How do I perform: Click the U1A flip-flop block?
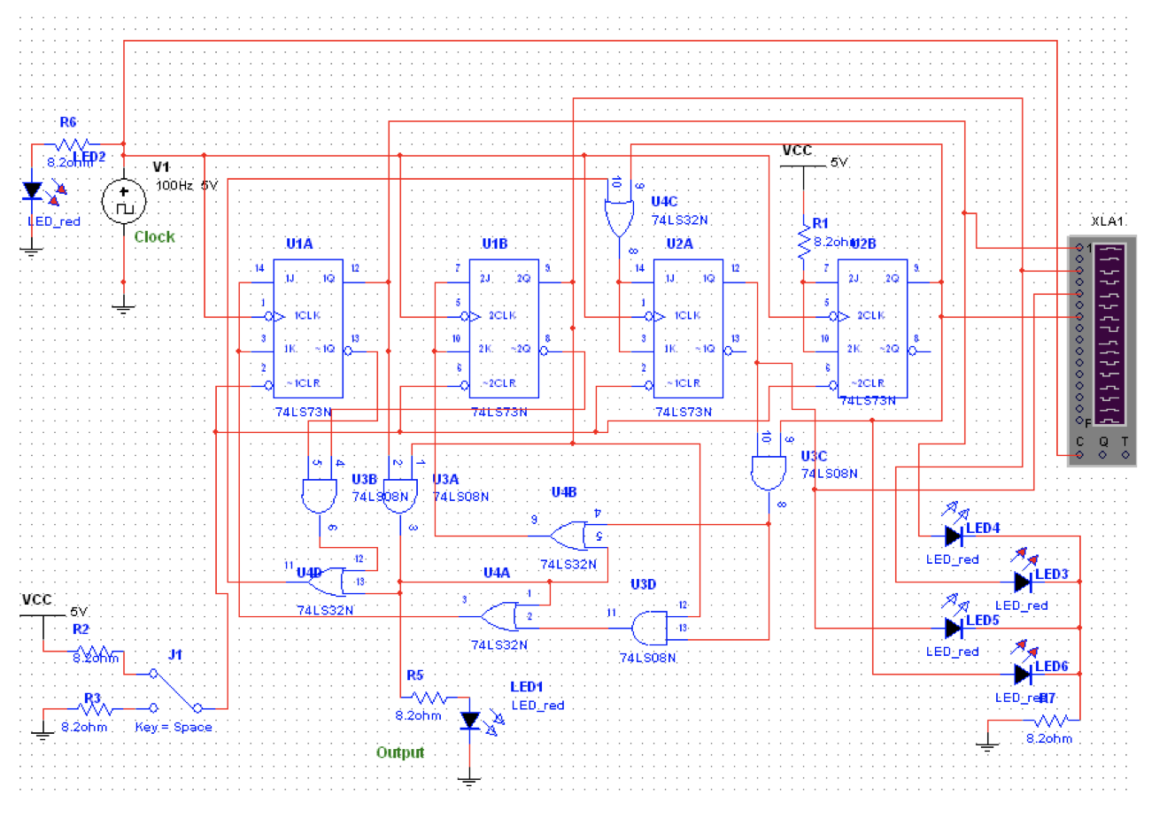coord(307,328)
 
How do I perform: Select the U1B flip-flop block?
coord(503,328)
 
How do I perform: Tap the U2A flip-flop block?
coord(688,328)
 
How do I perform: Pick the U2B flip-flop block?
coord(872,328)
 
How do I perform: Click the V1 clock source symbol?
coord(123,201)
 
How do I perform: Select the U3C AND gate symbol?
coord(768,471)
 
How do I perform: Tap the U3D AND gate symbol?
coord(649,627)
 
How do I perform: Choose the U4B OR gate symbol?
coord(568,535)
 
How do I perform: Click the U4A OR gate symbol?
coord(499,614)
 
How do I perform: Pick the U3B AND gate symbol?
coord(319,496)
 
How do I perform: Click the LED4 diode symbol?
coord(954,535)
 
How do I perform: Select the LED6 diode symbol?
coord(1023,674)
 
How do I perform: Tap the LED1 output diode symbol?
coord(470,721)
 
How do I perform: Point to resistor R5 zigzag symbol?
coord(429,698)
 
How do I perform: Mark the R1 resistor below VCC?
coord(804,241)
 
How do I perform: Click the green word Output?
coord(400,752)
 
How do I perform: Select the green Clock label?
coord(154,236)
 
